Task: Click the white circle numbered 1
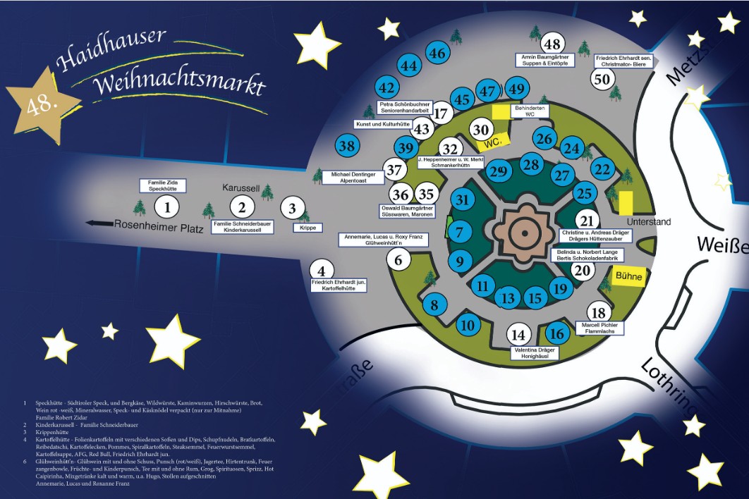167,207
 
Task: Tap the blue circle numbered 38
346,147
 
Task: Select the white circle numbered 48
552,43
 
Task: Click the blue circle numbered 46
438,53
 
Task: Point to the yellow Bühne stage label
628,277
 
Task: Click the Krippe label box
307,228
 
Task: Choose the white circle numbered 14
519,335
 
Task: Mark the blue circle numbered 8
434,305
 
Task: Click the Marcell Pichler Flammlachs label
599,328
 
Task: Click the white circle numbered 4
322,270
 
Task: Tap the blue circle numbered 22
602,168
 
